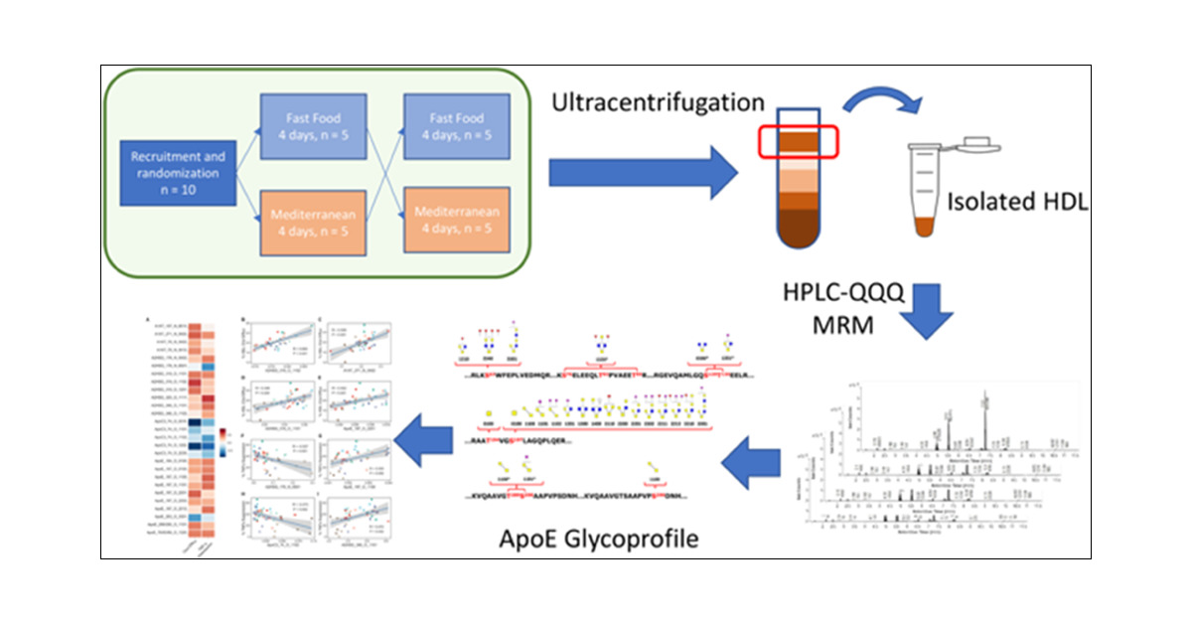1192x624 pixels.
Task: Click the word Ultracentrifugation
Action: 659,102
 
